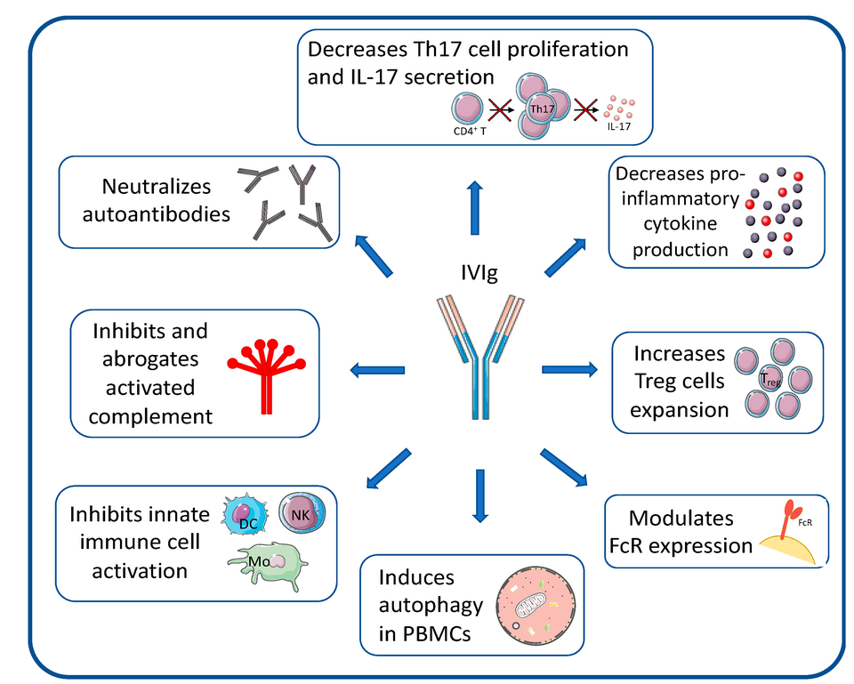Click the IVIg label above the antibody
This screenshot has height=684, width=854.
tap(479, 272)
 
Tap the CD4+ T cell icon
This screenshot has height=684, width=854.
tap(467, 109)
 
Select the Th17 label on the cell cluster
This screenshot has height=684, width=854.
tap(542, 109)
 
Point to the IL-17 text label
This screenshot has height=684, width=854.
tap(619, 126)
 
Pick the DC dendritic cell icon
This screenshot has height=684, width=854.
tap(246, 515)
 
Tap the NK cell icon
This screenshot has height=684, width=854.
tap(302, 513)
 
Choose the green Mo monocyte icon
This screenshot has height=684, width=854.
tap(268, 566)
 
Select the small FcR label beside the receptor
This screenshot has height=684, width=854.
tap(805, 523)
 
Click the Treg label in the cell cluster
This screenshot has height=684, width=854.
tap(770, 379)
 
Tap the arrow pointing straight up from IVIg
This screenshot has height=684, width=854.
tap(475, 207)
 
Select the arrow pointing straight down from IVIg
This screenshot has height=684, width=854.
tap(479, 495)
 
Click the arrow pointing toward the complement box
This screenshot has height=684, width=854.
tap(377, 370)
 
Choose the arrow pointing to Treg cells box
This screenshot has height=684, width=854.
tap(569, 369)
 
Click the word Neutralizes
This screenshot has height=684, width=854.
tap(157, 187)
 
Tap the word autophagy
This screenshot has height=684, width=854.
tap(431, 606)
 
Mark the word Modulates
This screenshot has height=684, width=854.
tap(681, 518)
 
